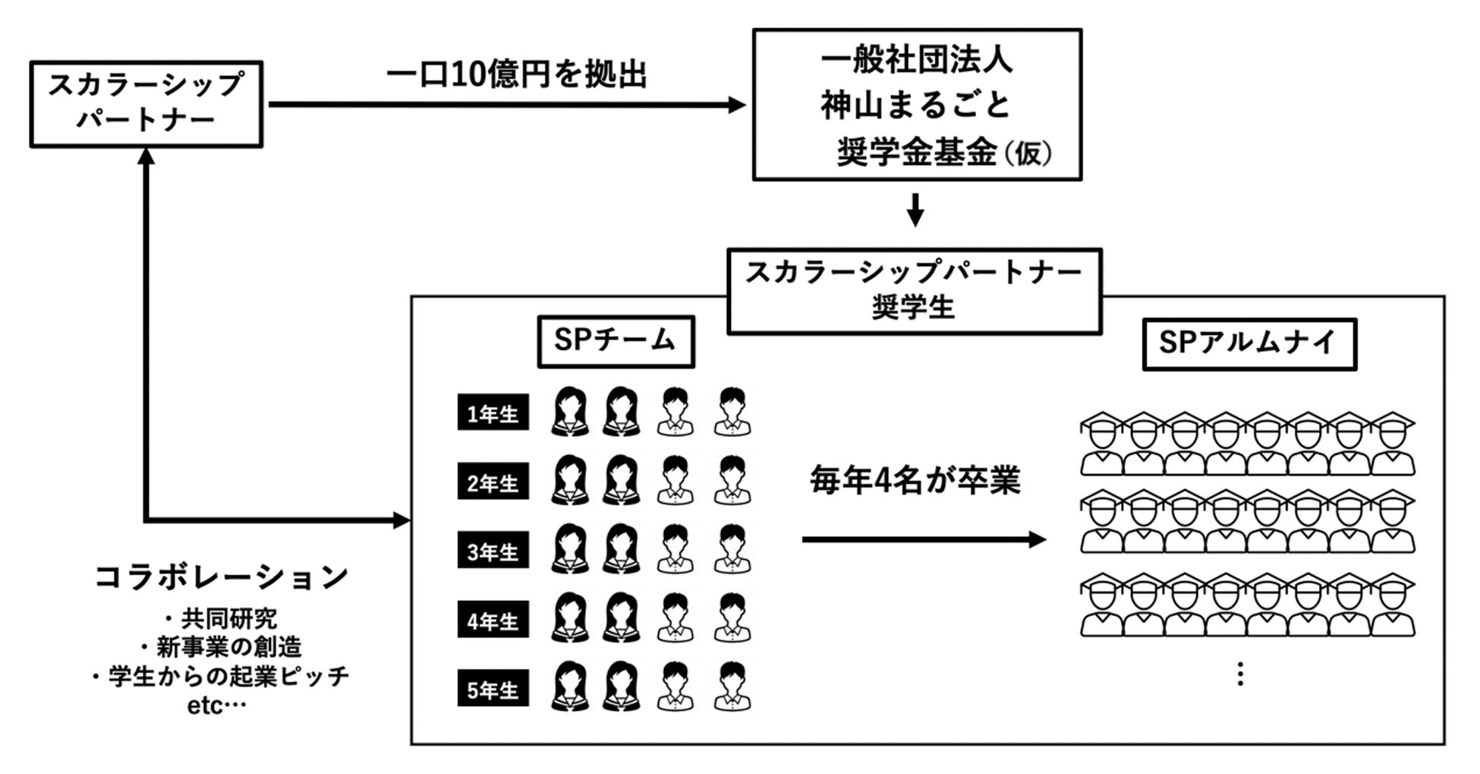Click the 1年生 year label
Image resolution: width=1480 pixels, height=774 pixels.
[x=493, y=414]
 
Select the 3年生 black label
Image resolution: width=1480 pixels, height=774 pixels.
[x=493, y=551]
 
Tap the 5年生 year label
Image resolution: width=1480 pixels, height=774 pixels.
[x=493, y=690]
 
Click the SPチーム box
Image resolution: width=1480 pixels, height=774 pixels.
[x=616, y=341]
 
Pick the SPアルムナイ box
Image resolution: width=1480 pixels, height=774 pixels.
[x=1249, y=343]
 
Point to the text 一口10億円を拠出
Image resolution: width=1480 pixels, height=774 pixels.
[x=516, y=75]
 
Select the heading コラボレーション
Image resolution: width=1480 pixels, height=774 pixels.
[x=221, y=577]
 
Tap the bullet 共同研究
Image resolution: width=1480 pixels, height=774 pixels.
[x=228, y=618]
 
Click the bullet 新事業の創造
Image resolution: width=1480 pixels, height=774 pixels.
[x=228, y=647]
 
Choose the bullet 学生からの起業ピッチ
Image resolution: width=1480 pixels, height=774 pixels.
[x=228, y=676]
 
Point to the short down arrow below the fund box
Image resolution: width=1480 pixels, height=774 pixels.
[x=915, y=210]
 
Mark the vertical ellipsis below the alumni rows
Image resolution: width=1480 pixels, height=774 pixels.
[x=1240, y=674]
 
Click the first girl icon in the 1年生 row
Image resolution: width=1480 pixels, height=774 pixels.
[x=570, y=412]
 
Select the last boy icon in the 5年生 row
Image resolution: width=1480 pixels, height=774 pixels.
[x=732, y=687]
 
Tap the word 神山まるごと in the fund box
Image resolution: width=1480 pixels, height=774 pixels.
[x=915, y=106]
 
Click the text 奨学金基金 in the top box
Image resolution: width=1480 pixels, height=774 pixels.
[x=917, y=153]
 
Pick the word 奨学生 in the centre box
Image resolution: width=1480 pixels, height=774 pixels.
[x=913, y=308]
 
